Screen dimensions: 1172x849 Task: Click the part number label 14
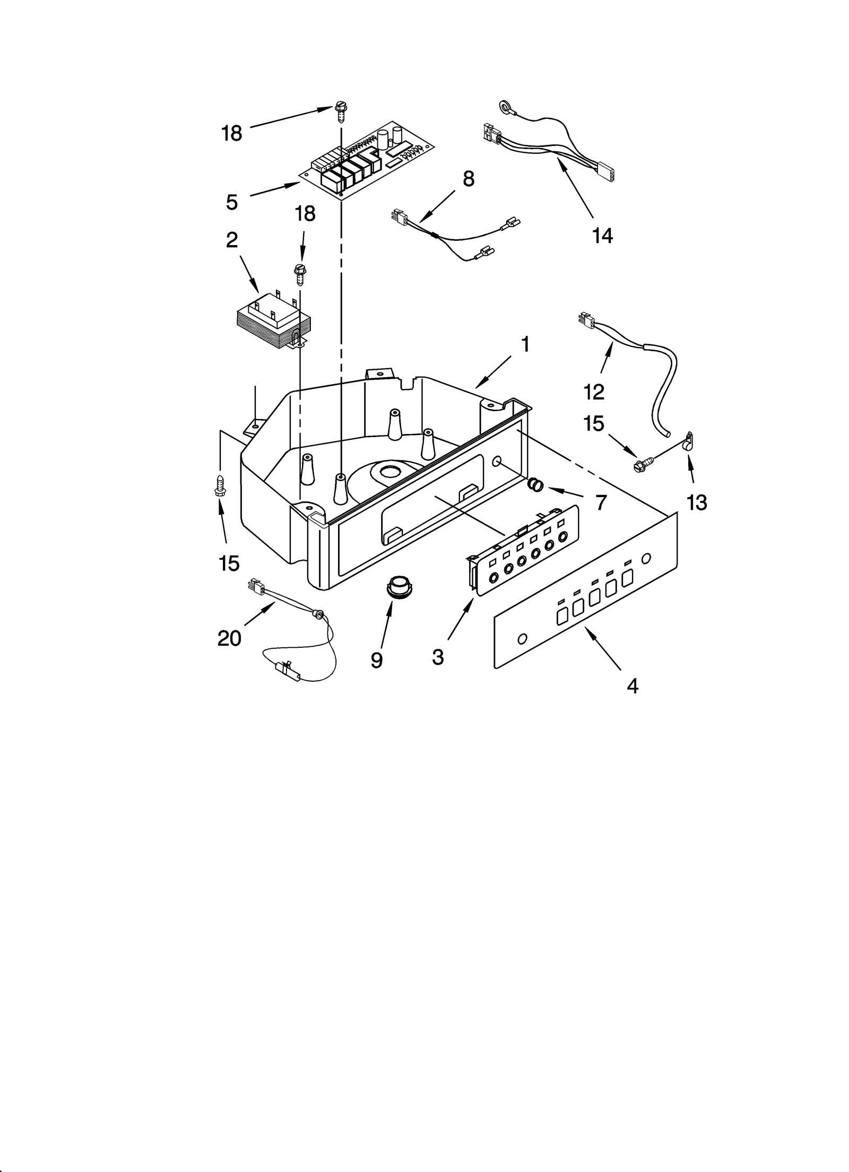tap(602, 235)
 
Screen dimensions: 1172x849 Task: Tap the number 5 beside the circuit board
tap(231, 202)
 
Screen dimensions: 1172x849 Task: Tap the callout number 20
tap(229, 638)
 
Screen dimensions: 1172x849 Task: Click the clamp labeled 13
tap(689, 441)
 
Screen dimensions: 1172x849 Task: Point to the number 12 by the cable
tap(594, 392)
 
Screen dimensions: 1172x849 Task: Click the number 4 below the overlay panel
tap(632, 686)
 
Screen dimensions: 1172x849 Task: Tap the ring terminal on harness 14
tap(503, 108)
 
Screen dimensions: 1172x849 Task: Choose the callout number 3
tap(438, 657)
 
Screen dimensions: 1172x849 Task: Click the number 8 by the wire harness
tap(468, 179)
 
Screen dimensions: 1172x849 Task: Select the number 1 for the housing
tap(525, 345)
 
